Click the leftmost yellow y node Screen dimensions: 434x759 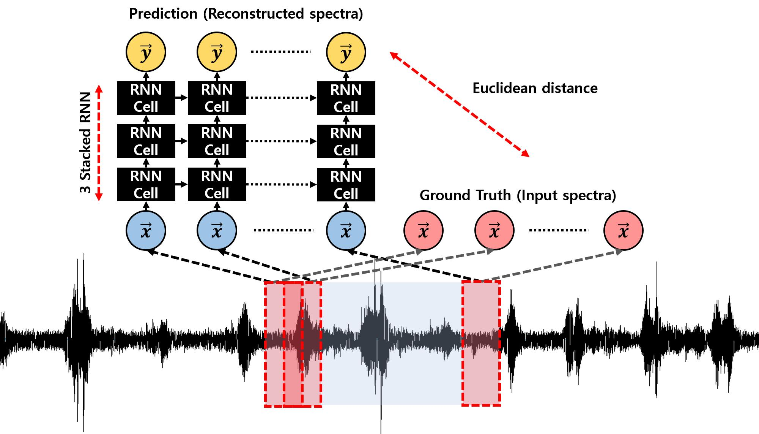(146, 52)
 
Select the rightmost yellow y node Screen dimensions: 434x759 (346, 52)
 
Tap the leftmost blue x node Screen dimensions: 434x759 (146, 230)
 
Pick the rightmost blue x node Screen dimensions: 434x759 (346, 230)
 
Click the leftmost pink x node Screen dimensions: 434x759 (423, 230)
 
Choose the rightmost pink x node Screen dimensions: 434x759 (623, 230)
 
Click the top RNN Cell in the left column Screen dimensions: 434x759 (146, 98)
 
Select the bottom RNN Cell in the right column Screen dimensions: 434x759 (346, 185)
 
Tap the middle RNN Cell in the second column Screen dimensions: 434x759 (217, 141)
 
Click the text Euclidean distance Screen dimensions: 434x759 (535, 88)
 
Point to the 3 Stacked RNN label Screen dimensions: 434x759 (86, 143)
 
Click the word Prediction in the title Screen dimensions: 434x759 (163, 14)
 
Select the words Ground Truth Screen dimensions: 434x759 (465, 195)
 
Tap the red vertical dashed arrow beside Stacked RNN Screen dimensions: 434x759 (99, 143)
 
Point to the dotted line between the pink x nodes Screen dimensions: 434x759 (559, 230)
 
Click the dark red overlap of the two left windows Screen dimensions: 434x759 (293, 344)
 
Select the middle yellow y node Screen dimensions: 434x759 (217, 52)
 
